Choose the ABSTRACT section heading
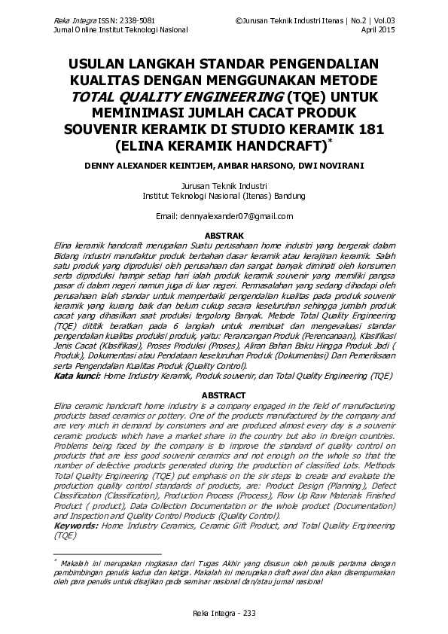point(224,395)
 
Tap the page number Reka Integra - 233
point(224,613)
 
